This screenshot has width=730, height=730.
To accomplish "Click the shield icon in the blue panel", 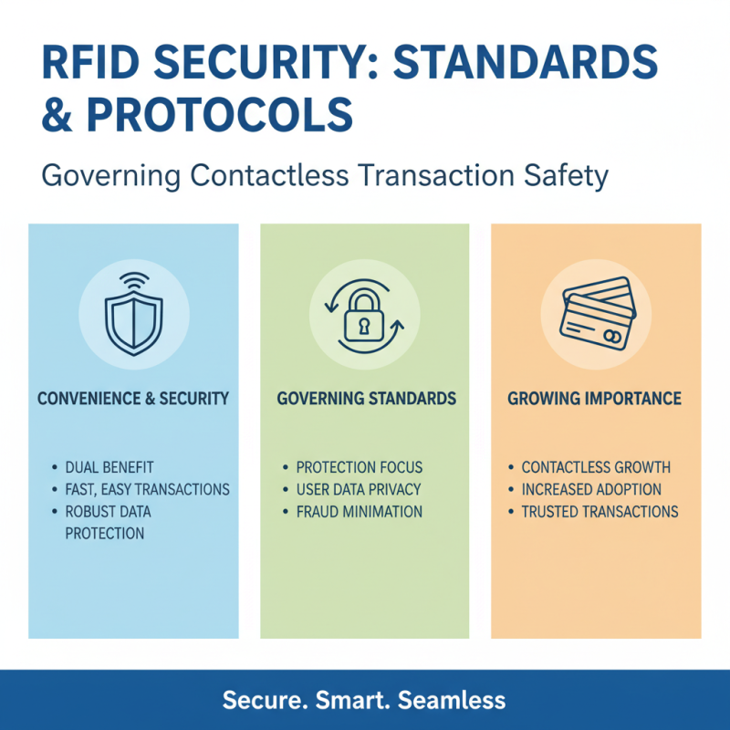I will coord(133,322).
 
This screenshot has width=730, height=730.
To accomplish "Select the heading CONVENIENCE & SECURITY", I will coord(133,399).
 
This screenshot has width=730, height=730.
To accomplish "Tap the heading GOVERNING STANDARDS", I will coord(365,399).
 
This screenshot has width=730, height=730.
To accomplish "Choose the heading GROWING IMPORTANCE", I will coord(595,399).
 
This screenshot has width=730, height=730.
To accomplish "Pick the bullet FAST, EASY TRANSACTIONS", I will coord(147,489).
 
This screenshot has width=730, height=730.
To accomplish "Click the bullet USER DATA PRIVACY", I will coord(359,489).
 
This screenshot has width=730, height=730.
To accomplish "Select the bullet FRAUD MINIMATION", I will coord(359,512).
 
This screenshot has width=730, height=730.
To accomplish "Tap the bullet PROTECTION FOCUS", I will coord(359,467).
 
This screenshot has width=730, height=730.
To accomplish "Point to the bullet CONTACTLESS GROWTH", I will coord(596,467).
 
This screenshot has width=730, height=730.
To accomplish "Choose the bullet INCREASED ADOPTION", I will coord(591,489).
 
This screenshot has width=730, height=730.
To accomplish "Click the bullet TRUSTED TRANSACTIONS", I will coord(600,512).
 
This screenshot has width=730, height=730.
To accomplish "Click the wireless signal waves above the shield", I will coord(133,280).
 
